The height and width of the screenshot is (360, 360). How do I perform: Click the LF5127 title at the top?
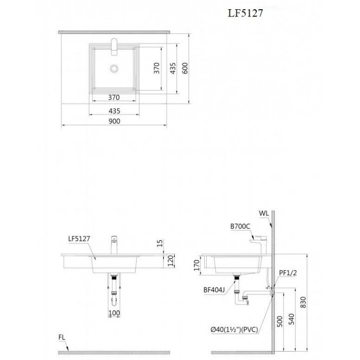245,13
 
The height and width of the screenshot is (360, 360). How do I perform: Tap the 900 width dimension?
114,121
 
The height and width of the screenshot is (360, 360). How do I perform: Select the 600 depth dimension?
185,68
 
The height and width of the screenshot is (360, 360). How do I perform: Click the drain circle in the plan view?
114,69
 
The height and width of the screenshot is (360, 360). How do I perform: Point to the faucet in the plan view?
114,47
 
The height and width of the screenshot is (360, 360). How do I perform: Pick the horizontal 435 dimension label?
114,111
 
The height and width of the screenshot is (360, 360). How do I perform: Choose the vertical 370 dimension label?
157,68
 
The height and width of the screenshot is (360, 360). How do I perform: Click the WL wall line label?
264,213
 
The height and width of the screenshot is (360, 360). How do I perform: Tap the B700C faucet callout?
240,226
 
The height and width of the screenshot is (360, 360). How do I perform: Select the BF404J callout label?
214,290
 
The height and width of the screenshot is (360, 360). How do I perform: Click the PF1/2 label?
288,273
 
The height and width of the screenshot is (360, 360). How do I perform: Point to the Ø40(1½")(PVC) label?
234,330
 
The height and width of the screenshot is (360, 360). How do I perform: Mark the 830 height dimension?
303,303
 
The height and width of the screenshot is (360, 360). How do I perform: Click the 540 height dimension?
291,319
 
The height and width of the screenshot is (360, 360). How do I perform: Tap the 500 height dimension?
280,322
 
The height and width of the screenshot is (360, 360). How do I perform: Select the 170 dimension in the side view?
197,265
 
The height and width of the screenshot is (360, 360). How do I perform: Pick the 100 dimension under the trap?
114,313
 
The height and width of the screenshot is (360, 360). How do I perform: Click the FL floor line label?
62,338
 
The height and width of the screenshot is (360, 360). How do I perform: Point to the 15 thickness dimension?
160,243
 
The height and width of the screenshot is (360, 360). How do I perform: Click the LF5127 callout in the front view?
79,239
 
